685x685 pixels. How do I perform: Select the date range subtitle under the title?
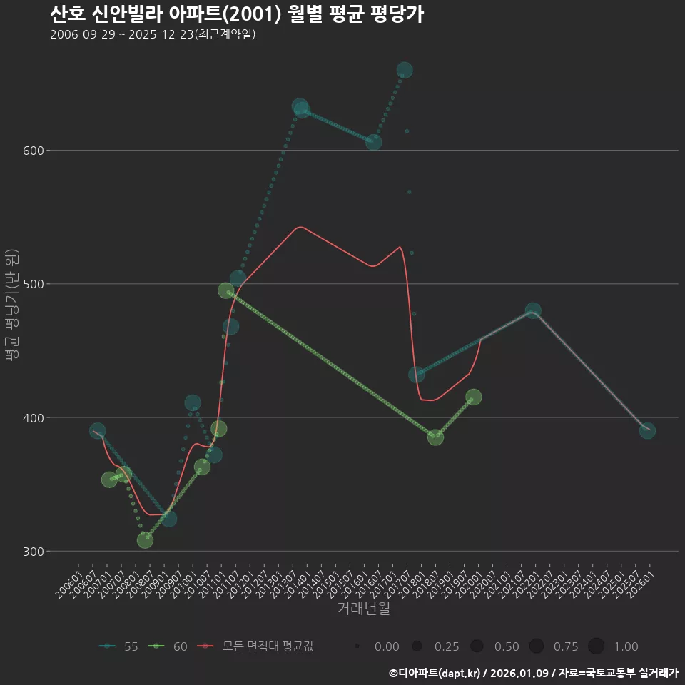[x=153, y=35]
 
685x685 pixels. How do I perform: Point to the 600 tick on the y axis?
[x=35, y=151]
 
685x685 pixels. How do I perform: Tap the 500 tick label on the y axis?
[x=35, y=284]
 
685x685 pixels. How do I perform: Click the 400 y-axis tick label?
[x=35, y=417]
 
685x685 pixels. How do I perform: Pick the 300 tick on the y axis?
[x=35, y=552]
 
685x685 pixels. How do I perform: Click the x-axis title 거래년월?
[x=363, y=609]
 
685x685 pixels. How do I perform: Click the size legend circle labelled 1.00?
[x=597, y=646]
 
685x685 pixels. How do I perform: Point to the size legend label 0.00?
[x=387, y=646]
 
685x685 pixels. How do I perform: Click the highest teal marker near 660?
[x=405, y=70]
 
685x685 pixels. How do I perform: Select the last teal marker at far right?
[x=647, y=430]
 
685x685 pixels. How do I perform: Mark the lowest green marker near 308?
[x=145, y=540]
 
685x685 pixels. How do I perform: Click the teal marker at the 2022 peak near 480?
[x=533, y=310]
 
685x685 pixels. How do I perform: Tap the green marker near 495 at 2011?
[x=225, y=290]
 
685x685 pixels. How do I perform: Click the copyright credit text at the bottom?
[x=533, y=673]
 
